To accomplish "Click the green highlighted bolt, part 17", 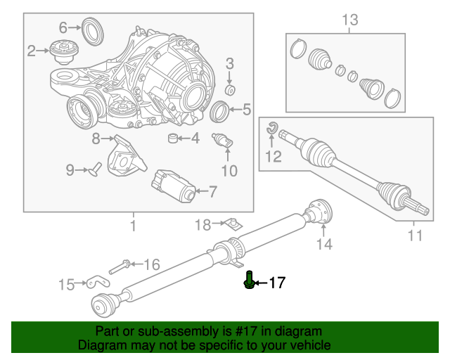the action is (x=249, y=280).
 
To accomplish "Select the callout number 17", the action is (x=277, y=283).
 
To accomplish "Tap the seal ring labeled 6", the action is (x=92, y=32).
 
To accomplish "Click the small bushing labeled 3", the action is (x=230, y=90).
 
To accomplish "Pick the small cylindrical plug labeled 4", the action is (x=172, y=138).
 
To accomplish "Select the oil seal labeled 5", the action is (x=219, y=112).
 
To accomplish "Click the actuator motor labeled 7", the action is (x=174, y=186).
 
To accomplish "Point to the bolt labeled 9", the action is (x=96, y=169).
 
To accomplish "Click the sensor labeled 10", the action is (x=222, y=141).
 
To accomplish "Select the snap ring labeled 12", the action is (x=271, y=128).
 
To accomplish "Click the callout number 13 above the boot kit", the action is (x=350, y=20).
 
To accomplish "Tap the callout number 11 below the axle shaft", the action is (x=415, y=236).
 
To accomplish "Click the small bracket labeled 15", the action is (x=98, y=282).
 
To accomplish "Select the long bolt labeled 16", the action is (x=120, y=267).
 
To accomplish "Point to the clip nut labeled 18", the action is (x=233, y=224).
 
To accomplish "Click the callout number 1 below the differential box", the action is (x=133, y=226).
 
